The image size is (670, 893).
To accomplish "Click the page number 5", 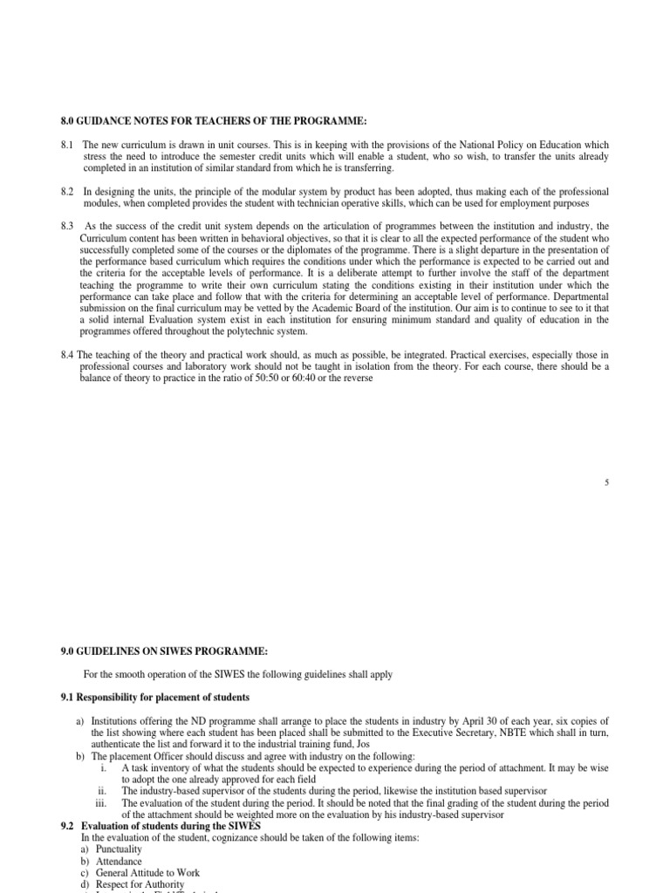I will [605, 481].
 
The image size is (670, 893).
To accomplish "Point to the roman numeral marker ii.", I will [102, 790].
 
